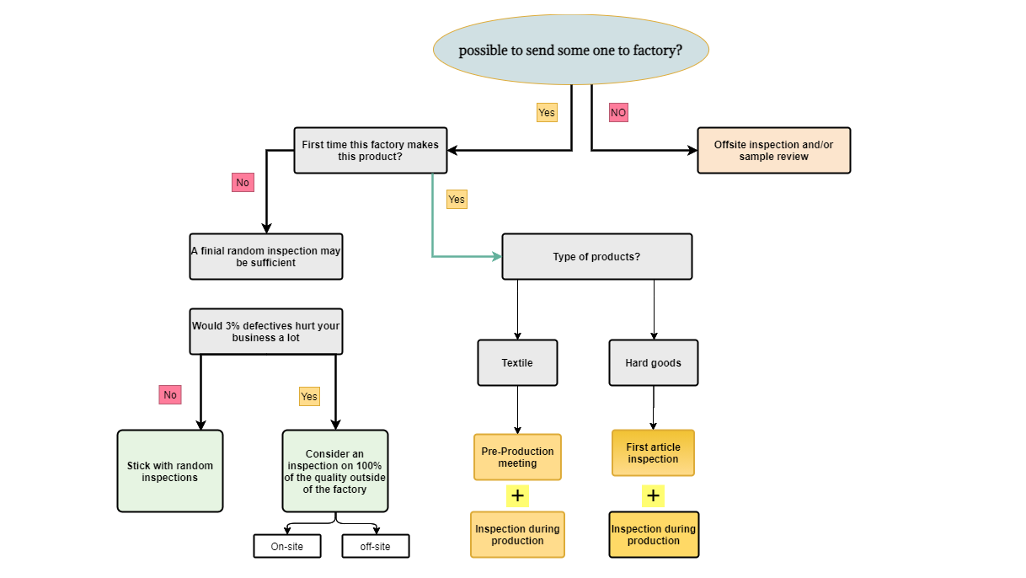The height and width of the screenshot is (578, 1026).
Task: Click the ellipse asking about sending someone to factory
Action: pos(571,50)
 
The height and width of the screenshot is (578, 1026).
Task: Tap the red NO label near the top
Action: pos(618,112)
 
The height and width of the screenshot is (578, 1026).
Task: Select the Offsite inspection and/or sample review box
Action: pos(773,151)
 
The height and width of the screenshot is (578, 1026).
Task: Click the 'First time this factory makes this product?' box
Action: pos(370,151)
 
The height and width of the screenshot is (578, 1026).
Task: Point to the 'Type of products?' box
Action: pos(596,257)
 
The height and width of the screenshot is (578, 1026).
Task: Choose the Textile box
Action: pos(517,363)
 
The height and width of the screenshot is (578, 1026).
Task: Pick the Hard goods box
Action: pos(653,363)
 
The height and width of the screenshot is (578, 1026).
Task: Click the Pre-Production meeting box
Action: pos(517,458)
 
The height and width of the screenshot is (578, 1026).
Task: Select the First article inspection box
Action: pos(653,453)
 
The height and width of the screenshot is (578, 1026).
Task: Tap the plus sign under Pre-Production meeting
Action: pos(517,495)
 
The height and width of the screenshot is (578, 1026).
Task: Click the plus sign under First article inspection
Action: pos(653,495)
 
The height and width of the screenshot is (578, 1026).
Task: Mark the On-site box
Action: pos(286,546)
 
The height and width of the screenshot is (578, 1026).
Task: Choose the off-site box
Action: pos(376,546)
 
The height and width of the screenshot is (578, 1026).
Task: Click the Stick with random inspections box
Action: pos(170,471)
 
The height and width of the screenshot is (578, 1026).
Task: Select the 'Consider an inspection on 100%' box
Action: pos(335,471)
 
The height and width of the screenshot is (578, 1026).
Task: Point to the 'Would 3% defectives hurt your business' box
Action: pos(266,331)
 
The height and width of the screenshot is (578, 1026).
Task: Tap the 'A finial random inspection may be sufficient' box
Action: pos(266,257)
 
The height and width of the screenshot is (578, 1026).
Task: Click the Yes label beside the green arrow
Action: pos(456,200)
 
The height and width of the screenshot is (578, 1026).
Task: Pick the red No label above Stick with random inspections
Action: pos(170,394)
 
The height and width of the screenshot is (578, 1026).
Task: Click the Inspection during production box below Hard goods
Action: pos(654,535)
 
